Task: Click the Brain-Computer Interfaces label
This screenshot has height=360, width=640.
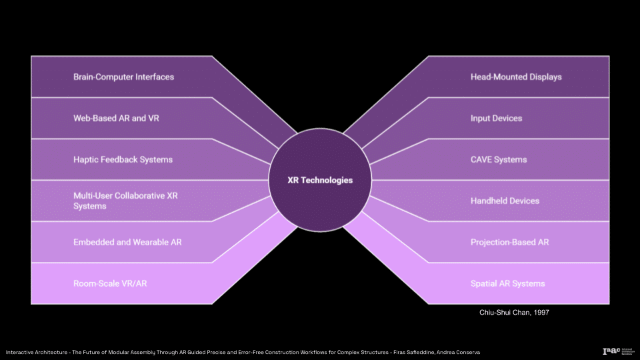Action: coord(123,77)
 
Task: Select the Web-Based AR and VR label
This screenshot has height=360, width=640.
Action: coord(116,118)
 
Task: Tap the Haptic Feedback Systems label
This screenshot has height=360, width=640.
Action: coord(123,159)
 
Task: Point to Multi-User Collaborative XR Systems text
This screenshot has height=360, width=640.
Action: coord(125,201)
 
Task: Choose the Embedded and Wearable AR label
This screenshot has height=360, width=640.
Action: coord(127,242)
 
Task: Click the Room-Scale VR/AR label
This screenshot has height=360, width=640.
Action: coord(110,283)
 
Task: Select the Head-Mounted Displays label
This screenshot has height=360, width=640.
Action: coord(516,77)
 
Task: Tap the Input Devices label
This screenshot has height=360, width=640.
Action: coord(496,118)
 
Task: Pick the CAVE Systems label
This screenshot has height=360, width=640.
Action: coord(499,159)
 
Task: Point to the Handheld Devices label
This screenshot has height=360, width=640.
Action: coord(505,201)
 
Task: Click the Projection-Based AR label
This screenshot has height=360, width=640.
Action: coord(509,242)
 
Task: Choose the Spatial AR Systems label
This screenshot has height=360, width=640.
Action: coord(507,283)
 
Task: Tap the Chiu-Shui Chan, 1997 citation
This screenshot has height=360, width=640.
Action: coord(515,312)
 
